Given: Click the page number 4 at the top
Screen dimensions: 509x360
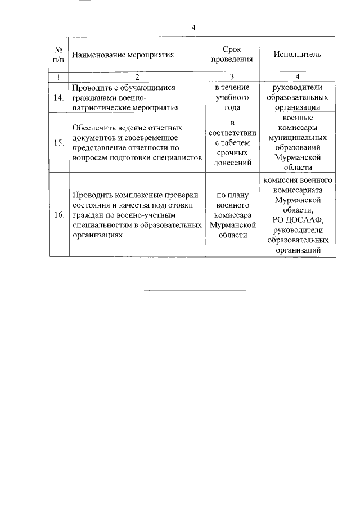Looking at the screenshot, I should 193,27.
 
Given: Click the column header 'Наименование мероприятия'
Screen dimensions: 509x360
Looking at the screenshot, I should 123,55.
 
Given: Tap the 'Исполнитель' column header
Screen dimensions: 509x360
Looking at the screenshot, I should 297,55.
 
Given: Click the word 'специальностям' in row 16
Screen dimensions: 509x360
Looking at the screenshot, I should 100,226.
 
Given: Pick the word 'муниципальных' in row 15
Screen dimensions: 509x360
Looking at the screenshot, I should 297,138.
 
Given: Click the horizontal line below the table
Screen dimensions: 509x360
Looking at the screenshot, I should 195,290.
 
